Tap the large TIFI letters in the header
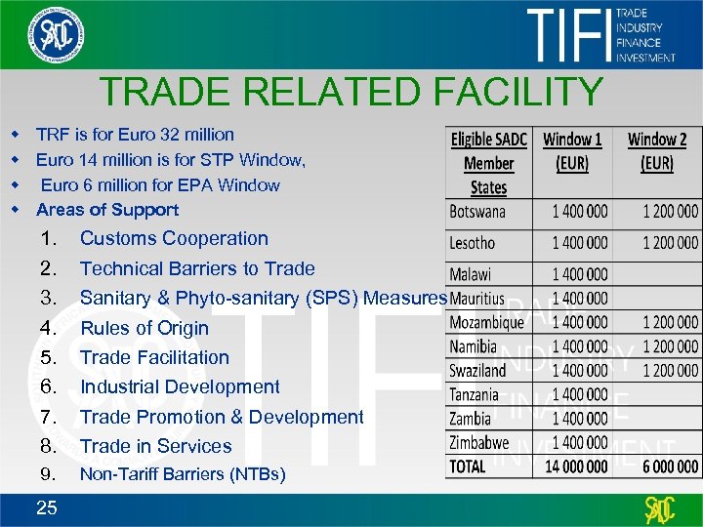tap(567, 36)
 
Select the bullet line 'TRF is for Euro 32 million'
tap(135, 135)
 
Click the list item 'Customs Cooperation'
tap(174, 238)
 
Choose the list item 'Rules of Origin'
tap(145, 328)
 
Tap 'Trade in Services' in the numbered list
tap(156, 446)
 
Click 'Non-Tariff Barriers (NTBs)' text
tap(183, 475)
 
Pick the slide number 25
tap(46, 506)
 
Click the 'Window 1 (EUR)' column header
tap(572, 151)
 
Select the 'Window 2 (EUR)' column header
tap(657, 151)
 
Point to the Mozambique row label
tap(487, 322)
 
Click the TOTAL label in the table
tap(468, 466)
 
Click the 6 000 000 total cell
tap(671, 466)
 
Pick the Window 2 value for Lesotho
tap(671, 242)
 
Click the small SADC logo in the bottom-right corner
tap(660, 508)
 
